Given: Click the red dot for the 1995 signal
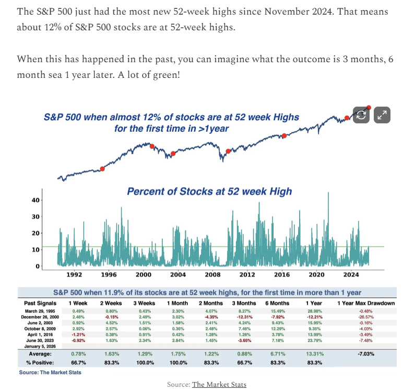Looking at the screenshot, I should pos(102,169).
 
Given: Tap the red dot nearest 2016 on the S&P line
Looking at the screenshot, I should pos(284,136).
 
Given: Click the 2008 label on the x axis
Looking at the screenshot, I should pos(212,274).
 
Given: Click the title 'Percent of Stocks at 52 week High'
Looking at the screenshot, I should pos(209,191).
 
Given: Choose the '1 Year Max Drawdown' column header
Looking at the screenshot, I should pos(366,303).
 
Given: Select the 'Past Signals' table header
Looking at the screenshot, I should pos(40,303).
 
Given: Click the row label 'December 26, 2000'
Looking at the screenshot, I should pos(40,317).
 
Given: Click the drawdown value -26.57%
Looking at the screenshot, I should pos(366,317).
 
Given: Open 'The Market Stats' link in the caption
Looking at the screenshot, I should pos(219,385).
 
